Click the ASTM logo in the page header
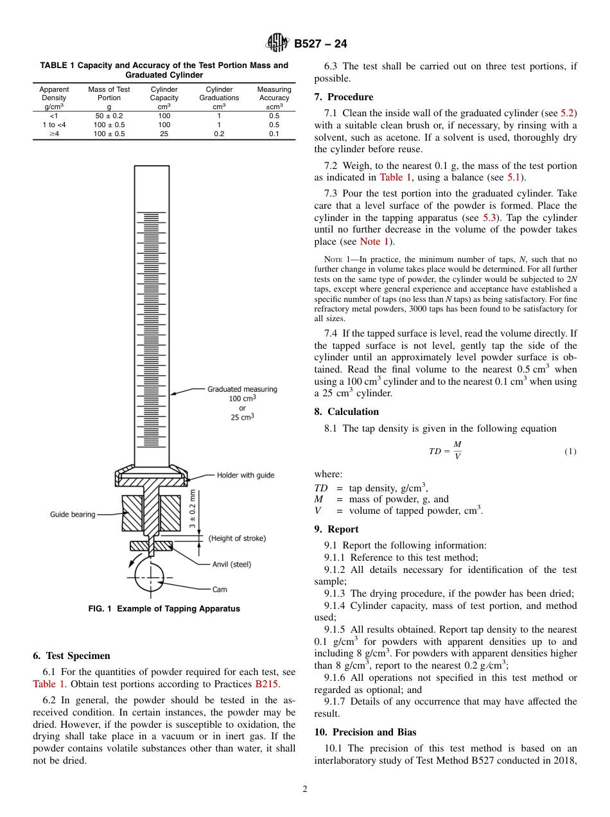tap(277, 44)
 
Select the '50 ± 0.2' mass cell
tap(109, 116)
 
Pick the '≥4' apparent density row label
tap(54, 134)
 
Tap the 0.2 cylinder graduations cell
tap(219, 134)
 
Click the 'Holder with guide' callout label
tap(245, 475)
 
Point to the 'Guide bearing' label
tap(73, 514)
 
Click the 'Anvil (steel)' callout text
tap(232, 565)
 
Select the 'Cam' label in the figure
tap(220, 589)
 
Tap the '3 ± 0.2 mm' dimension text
tap(193, 509)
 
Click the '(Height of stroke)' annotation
tap(237, 538)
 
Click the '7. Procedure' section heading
tap(344, 97)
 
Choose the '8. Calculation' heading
tap(347, 412)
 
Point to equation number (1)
tap(570, 452)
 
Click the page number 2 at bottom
tap(305, 789)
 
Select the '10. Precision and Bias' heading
tap(365, 732)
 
